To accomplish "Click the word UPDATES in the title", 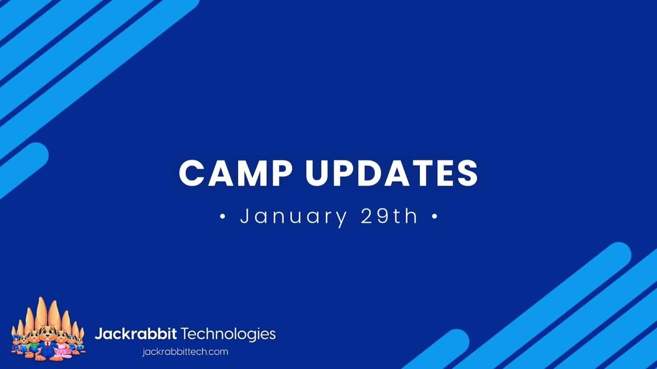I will (x=391, y=173).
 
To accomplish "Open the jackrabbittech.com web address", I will (x=185, y=351).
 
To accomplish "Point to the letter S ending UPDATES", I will (x=466, y=173).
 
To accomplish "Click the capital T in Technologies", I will (x=185, y=333).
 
